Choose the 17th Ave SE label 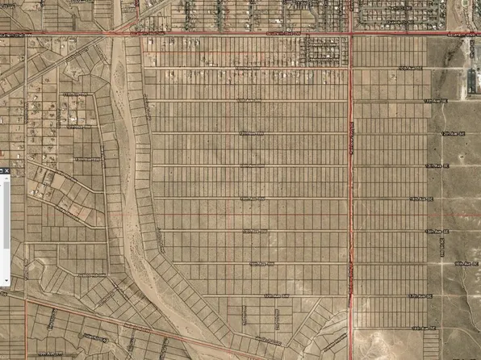point(419,296)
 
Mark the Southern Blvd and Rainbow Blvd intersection point(351,35)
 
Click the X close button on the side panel point(2,171)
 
